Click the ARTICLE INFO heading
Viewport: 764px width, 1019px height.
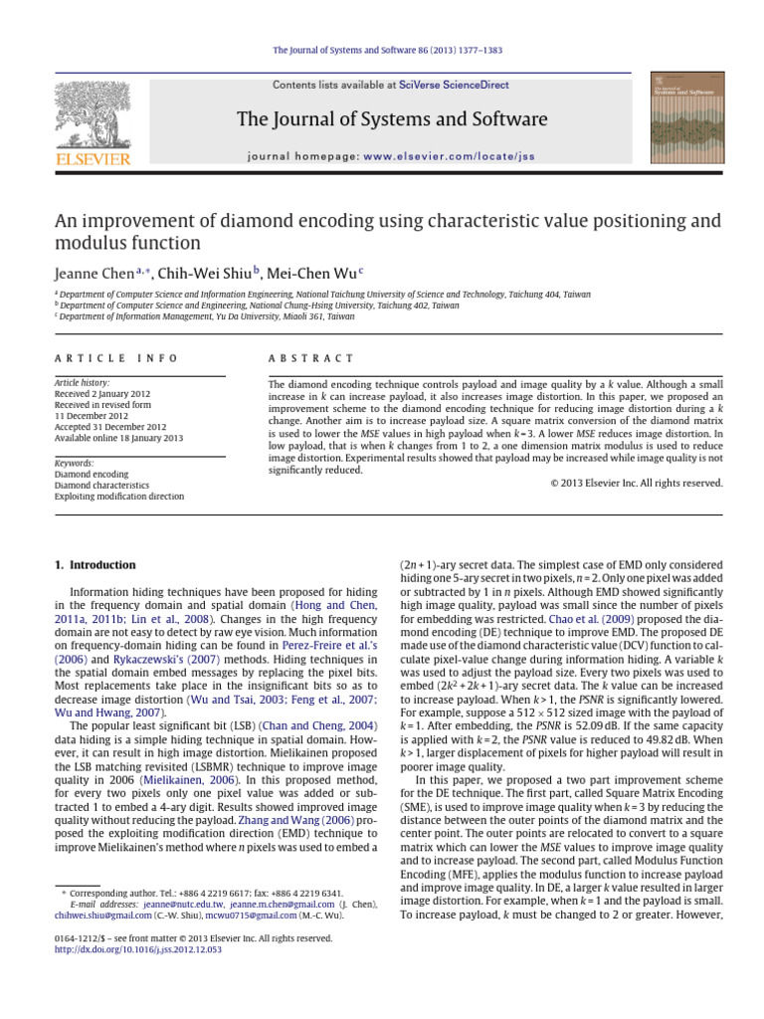tap(116, 358)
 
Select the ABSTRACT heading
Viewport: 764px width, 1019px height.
tap(311, 358)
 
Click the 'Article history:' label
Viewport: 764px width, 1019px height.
tap(83, 383)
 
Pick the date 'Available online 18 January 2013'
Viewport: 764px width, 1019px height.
tap(118, 438)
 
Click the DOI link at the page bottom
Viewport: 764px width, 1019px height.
tap(138, 949)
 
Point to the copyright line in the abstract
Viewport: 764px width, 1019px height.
tap(636, 483)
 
